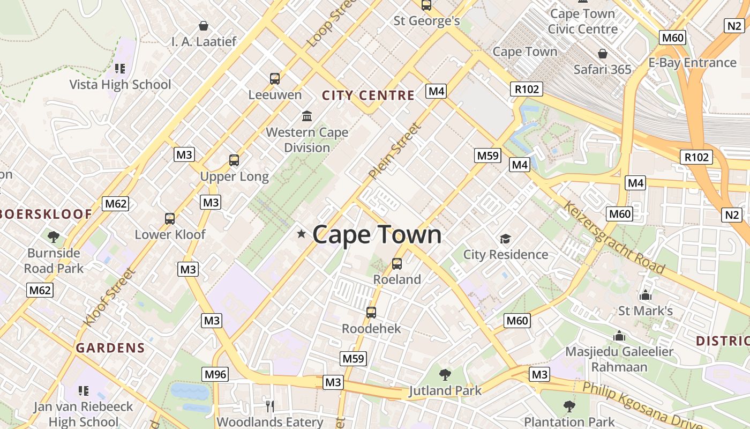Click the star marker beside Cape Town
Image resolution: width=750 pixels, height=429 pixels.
coord(302,234)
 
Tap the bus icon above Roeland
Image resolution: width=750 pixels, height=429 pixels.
coord(397,264)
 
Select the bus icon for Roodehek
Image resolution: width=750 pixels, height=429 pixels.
coord(371,313)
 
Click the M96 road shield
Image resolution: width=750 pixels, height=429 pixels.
coord(215,374)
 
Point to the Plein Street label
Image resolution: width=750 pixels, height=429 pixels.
coord(395,151)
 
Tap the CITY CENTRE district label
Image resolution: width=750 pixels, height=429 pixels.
coord(368,95)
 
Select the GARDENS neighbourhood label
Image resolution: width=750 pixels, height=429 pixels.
coord(110,347)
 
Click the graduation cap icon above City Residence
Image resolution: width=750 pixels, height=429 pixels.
coord(505,239)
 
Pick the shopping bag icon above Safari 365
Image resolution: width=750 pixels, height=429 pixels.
coord(603,54)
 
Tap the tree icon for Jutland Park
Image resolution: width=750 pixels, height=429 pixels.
coord(445,375)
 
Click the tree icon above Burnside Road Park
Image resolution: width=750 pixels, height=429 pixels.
coord(54,237)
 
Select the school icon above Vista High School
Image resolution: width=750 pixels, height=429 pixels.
coord(120,69)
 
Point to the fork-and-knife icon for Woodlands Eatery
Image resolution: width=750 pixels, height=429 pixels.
coord(270,405)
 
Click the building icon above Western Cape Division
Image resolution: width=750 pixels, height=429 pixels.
coord(307,116)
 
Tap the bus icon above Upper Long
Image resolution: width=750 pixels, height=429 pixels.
coord(234,160)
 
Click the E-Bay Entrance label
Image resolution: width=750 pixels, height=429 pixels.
coord(692,63)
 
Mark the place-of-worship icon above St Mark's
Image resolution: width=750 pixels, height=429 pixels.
coord(645,295)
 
